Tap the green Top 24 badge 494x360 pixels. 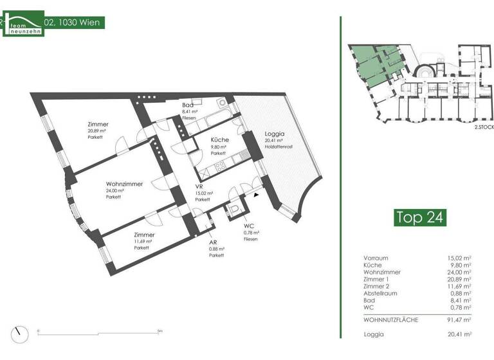pos(419,217)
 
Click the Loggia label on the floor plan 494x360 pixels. pos(274,135)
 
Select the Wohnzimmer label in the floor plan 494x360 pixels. pos(124,183)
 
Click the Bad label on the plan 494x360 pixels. pos(188,105)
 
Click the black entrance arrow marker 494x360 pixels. pos(257,194)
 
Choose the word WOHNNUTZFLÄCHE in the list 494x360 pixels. pos(391,319)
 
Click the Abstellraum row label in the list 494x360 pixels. pos(382,292)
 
